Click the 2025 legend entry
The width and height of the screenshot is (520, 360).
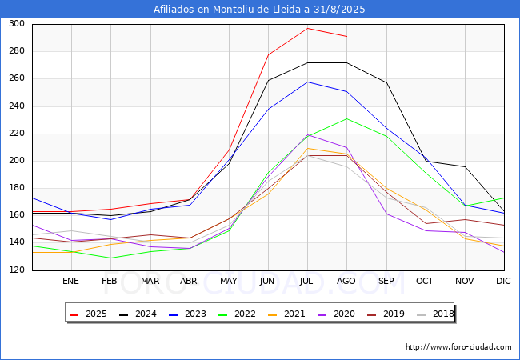pos(88,314)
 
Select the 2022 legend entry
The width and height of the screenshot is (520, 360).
pos(237,314)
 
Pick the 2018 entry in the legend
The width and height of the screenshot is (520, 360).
pos(435,314)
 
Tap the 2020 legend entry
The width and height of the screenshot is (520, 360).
pos(336,314)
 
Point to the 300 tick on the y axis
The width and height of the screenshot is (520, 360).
pos(17,23)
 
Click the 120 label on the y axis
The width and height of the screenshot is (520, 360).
pos(17,270)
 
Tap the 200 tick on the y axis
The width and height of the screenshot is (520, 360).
pos(17,161)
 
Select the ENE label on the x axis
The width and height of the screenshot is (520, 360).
pos(70,281)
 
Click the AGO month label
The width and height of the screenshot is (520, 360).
pos(346,281)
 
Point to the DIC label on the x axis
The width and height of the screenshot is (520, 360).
pos(503,281)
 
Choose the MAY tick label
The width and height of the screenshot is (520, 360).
pos(229,281)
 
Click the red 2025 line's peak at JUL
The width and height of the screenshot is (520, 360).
pos(307,28)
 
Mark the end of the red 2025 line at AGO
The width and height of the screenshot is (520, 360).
pos(347,37)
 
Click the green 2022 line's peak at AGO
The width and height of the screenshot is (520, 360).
pos(347,118)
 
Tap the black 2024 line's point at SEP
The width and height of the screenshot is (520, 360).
pos(386,82)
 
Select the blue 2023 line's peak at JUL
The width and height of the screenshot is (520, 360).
pos(307,82)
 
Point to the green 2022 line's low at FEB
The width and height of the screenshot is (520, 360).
pos(110,258)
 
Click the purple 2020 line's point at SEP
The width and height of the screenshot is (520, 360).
pos(386,214)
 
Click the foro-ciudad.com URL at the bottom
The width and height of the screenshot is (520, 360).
pos(458,347)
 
